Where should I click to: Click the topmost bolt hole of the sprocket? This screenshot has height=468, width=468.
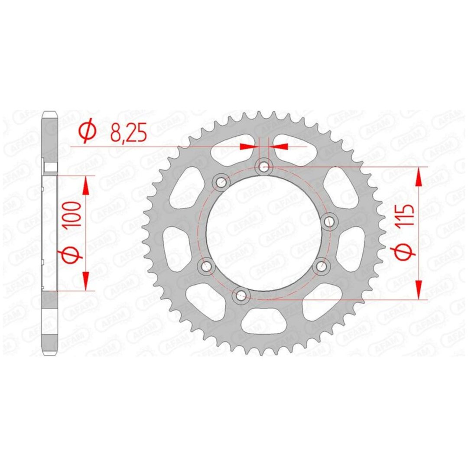coord(264,167)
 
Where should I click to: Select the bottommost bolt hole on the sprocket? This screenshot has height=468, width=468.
coord(240,296)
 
